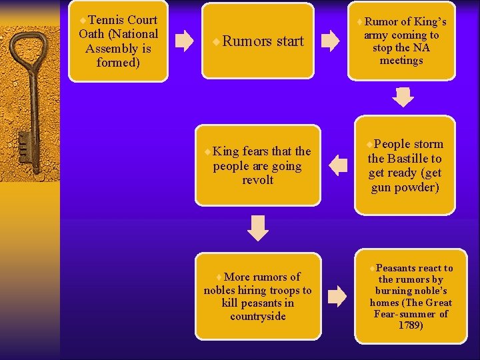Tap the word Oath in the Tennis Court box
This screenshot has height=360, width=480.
coord(90,34)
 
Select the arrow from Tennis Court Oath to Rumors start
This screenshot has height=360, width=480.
coord(183,41)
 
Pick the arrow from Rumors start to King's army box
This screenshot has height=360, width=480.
coord(330,41)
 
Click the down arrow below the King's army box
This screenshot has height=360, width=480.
coord(403,97)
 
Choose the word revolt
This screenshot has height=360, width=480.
coord(257,180)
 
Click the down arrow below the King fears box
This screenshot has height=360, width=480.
coord(257,227)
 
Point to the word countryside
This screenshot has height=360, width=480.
coord(257,316)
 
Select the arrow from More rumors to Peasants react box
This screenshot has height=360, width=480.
coord(338,295)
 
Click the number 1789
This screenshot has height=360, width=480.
coord(410,325)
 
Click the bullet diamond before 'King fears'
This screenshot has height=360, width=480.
coord(208,152)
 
